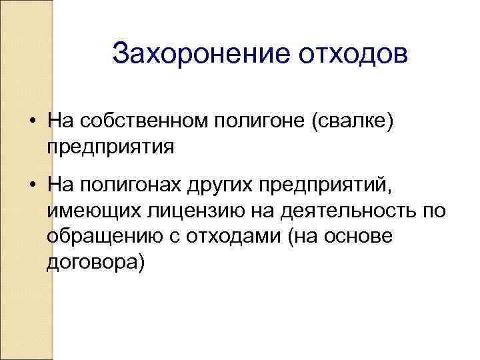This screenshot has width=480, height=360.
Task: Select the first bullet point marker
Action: tap(32, 121)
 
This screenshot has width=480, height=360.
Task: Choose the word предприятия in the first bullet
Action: tap(111, 145)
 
